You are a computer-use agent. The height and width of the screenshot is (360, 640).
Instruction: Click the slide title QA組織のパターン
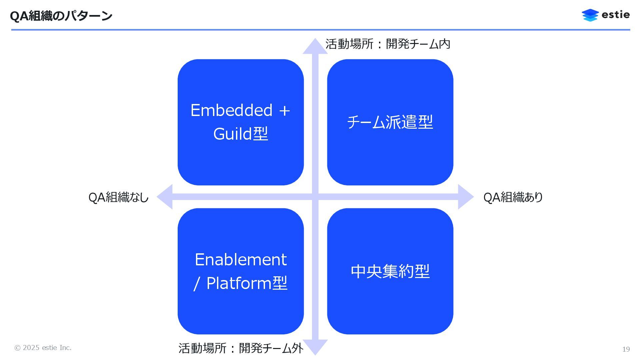61,16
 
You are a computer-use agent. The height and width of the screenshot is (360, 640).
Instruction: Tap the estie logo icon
590,15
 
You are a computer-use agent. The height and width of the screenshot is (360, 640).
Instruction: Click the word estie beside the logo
616,15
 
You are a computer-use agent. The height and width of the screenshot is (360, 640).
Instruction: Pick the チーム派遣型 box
390,122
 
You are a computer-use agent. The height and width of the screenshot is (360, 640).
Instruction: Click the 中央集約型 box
390,271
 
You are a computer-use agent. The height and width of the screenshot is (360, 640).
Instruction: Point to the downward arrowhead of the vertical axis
315,347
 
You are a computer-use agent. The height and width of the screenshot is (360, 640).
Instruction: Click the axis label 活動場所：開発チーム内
388,44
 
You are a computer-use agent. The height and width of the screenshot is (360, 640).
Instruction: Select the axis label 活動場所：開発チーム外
241,348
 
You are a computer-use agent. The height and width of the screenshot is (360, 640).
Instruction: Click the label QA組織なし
118,197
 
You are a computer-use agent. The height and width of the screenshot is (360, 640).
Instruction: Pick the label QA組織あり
513,197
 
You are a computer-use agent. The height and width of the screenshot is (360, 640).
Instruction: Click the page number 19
626,349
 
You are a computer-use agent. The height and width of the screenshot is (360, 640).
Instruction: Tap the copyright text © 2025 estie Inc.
43,348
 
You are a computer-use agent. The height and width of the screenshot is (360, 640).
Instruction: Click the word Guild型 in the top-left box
241,134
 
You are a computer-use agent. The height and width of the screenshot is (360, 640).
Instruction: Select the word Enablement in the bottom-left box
241,259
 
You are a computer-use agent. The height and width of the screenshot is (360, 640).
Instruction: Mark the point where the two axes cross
315,197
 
